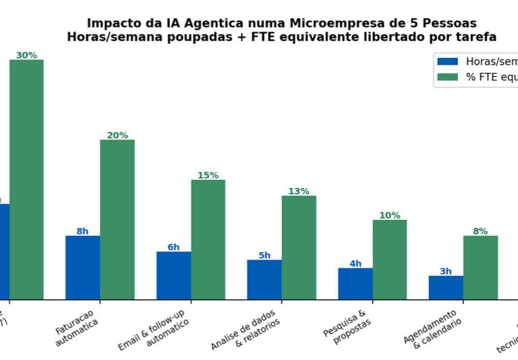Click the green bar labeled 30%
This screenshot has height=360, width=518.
(26, 179)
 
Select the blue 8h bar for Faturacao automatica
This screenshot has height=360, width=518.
(82, 268)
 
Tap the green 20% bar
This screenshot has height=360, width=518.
(117, 220)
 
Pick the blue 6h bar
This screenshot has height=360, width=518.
(173, 276)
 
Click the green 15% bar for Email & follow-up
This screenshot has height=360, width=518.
(208, 239)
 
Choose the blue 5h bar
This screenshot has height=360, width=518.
(264, 280)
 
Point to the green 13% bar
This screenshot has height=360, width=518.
(299, 247)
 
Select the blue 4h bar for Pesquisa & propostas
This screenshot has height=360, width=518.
(355, 284)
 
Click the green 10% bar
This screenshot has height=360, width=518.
(390, 260)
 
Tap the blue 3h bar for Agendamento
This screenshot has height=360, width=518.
(446, 288)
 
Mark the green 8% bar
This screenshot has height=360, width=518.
(480, 268)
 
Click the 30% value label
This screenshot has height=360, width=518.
(26, 55)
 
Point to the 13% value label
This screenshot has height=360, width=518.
(299, 191)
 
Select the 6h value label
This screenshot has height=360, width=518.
(173, 247)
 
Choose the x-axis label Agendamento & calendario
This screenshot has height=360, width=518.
(433, 328)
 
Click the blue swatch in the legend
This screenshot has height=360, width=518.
(447, 61)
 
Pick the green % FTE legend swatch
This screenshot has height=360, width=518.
(447, 77)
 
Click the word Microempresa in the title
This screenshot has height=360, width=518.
(337, 24)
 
